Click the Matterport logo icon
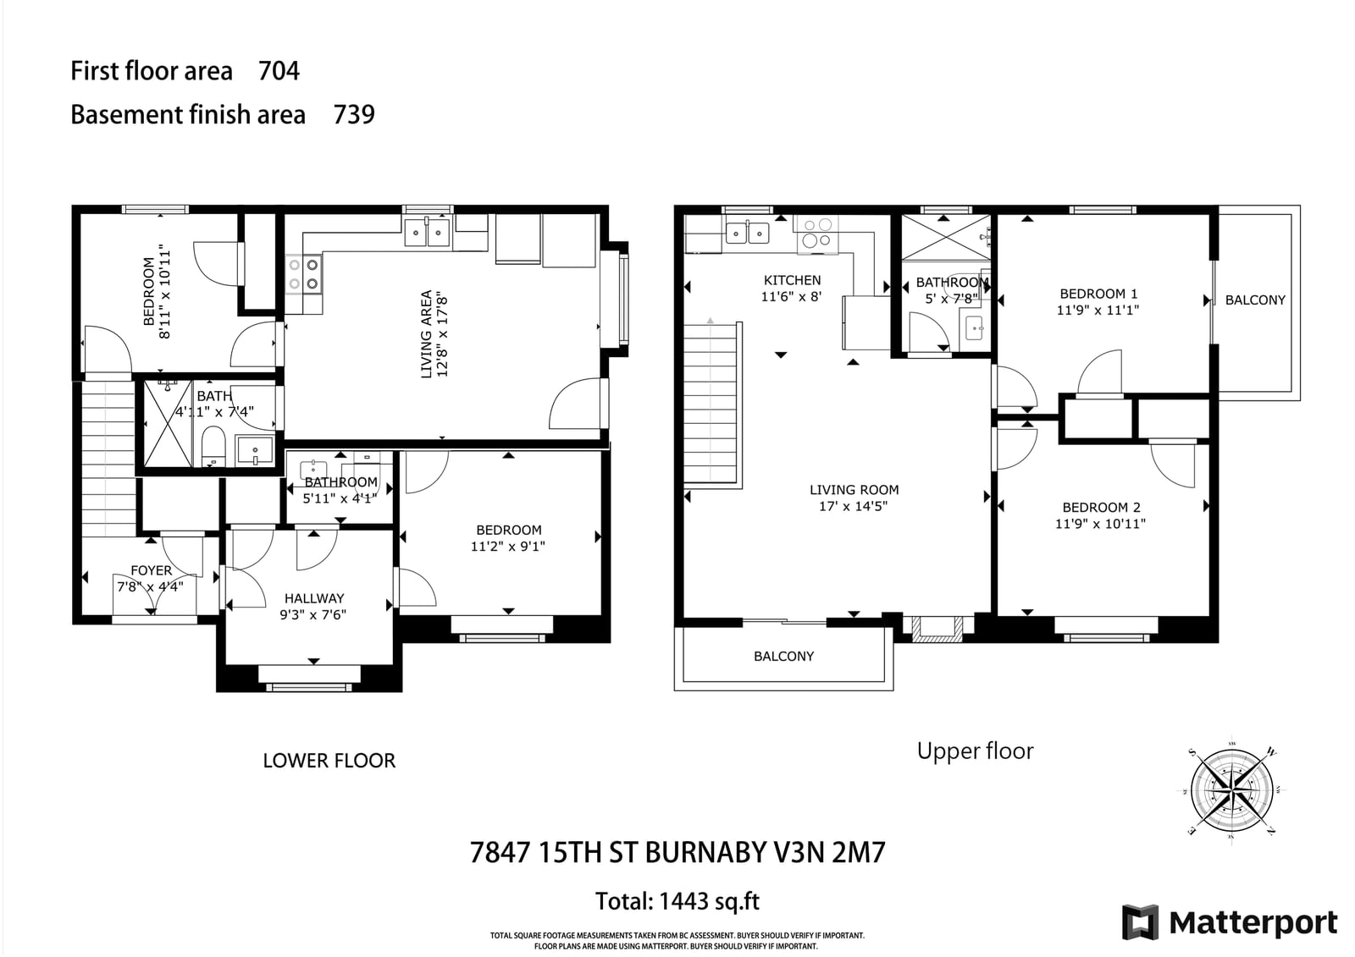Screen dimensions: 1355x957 pyautogui.click(x=1140, y=922)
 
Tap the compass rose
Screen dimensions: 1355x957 pyautogui.click(x=1231, y=791)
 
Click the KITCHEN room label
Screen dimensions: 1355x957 pyautogui.click(x=792, y=281)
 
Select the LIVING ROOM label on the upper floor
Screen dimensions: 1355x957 pyautogui.click(x=854, y=490)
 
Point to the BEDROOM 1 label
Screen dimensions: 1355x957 pyautogui.click(x=1098, y=294)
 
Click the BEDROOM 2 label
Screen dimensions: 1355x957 pyautogui.click(x=1101, y=508)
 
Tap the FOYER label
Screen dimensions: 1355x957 pyautogui.click(x=152, y=570)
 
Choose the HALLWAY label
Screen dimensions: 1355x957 pyautogui.click(x=314, y=598)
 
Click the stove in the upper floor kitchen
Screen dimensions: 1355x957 pyautogui.click(x=816, y=234)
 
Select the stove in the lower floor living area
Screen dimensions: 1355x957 pyautogui.click(x=304, y=274)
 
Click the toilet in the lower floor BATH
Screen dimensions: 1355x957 pyautogui.click(x=213, y=446)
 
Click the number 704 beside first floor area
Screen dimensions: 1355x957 pyautogui.click(x=279, y=71)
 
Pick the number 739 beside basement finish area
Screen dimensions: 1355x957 pyautogui.click(x=354, y=114)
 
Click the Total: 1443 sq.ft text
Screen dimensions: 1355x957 pyautogui.click(x=677, y=901)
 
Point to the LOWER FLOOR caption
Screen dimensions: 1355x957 pyautogui.click(x=329, y=761)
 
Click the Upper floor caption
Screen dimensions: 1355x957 pyautogui.click(x=975, y=751)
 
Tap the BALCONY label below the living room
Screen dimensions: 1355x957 pyautogui.click(x=784, y=657)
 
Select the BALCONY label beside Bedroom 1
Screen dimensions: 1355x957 pyautogui.click(x=1255, y=300)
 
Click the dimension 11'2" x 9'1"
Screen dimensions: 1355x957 pyautogui.click(x=508, y=547)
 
